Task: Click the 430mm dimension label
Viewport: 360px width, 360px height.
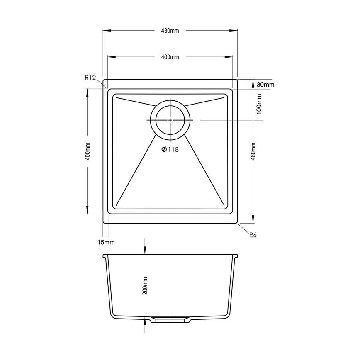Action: [170, 30]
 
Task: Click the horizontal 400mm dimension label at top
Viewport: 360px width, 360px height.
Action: [170, 57]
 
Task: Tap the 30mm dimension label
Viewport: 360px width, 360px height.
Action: [265, 85]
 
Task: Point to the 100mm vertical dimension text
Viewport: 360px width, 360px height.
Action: [259, 104]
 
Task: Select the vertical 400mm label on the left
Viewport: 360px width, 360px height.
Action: [87, 152]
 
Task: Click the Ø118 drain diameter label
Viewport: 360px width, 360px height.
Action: [170, 150]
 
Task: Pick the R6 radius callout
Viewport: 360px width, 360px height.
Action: [253, 235]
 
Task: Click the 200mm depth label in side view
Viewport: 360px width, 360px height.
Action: [145, 286]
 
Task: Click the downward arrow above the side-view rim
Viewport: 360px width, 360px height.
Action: [144, 249]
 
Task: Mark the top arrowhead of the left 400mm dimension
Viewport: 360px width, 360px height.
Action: [87, 92]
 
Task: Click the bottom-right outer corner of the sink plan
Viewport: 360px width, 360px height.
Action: [237, 224]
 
